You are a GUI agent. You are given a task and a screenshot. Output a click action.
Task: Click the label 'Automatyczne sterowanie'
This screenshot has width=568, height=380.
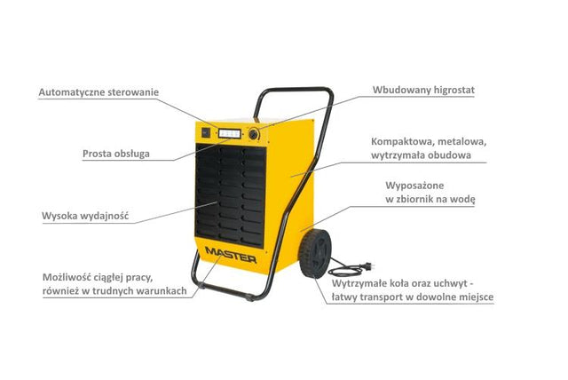coord(99,92)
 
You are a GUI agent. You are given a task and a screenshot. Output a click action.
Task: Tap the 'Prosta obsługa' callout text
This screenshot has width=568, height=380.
coord(116,154)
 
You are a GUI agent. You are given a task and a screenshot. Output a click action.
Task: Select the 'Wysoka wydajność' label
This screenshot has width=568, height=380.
coord(85,216)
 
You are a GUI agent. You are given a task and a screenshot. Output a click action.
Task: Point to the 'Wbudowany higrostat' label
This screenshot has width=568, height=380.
coord(423,90)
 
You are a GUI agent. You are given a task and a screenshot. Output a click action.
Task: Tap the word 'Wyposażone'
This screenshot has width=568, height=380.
coord(414,186)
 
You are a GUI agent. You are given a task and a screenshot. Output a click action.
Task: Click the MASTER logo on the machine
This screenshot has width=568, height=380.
coord(231,254)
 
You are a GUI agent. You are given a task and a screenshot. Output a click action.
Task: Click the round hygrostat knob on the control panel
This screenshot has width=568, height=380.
coord(254,134)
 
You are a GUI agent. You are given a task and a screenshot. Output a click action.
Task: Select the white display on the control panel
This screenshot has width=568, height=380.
coord(230,133)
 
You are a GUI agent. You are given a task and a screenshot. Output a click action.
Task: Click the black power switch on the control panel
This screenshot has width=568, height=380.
coord(205,132)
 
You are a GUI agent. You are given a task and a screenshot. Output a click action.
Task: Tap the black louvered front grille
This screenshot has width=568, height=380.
coord(231,195)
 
